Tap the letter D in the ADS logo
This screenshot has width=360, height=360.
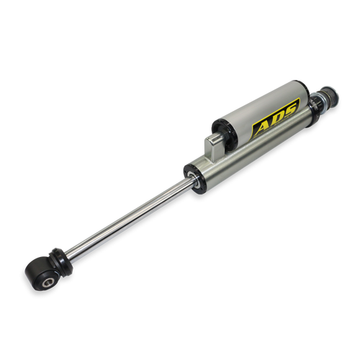pyautogui.click(x=276, y=119)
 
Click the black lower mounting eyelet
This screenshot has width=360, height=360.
pyautogui.click(x=41, y=274)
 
